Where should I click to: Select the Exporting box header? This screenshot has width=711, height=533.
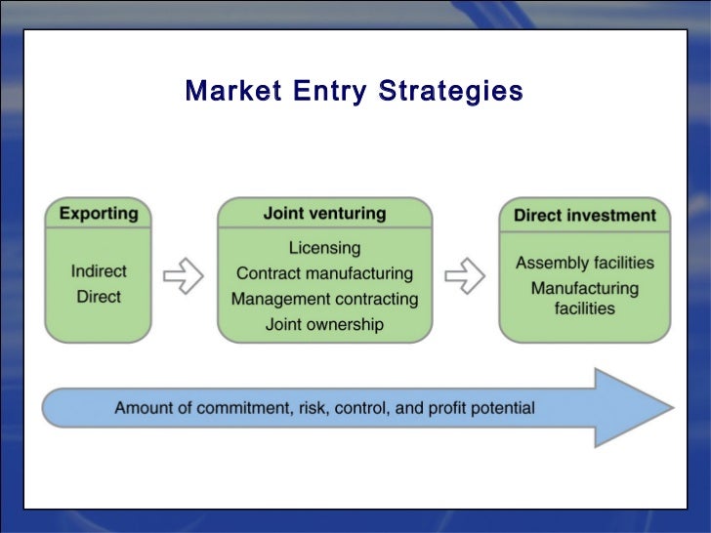(x=99, y=213)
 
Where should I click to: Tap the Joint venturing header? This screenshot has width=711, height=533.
(x=324, y=213)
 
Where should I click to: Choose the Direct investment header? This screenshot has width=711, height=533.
(x=585, y=215)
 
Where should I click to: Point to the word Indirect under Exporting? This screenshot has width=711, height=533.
(x=99, y=270)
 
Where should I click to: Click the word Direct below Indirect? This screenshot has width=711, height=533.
(x=99, y=296)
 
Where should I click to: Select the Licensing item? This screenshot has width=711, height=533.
(x=324, y=248)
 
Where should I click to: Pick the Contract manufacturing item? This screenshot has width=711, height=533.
(x=324, y=273)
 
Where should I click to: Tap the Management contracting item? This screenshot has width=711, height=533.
(x=324, y=299)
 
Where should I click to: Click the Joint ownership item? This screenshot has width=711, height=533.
(x=324, y=324)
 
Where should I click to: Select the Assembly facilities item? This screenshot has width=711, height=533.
(x=585, y=263)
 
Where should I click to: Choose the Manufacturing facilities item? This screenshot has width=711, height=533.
(x=585, y=298)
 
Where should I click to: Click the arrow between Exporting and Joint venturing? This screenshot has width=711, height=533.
(x=183, y=275)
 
